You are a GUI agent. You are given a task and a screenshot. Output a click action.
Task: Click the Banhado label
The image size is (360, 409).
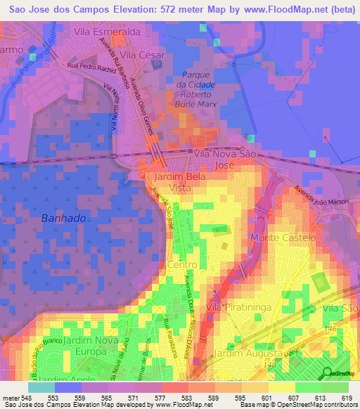tap(63, 218)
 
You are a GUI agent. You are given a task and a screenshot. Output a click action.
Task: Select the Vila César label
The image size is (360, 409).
tap(142, 54)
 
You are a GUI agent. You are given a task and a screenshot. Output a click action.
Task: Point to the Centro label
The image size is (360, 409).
tap(182, 264)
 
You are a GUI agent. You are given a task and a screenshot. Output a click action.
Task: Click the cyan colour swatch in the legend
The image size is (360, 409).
tap(40, 387)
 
